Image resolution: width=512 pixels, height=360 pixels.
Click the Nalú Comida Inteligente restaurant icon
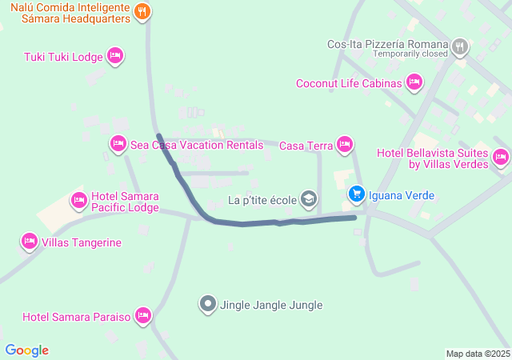[142, 11]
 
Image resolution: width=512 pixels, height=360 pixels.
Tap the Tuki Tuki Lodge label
[63, 56]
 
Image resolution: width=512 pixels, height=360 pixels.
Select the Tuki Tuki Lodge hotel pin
[114, 55]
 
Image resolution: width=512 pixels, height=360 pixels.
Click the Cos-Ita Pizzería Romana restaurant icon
[459, 46]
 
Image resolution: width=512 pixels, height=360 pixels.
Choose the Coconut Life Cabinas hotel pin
[414, 82]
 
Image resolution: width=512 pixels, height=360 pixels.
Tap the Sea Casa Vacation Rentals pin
[118, 144]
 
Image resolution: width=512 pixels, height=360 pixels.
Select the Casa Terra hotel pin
[345, 145]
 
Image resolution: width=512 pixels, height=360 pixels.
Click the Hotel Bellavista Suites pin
[501, 157]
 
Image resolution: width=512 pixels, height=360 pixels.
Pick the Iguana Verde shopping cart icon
[357, 194]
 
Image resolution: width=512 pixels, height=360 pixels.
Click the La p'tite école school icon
[309, 199]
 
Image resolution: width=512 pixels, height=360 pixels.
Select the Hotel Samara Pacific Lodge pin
[78, 200]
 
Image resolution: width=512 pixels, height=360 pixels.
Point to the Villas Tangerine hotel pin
[30, 242]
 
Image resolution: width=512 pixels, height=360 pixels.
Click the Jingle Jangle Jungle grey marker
[208, 304]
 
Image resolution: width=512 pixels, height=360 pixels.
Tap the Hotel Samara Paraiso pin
[143, 316]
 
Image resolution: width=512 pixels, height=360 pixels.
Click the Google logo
[27, 350]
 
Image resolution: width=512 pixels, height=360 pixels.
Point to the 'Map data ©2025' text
[478, 354]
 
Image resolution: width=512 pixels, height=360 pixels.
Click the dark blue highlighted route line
[264, 222]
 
